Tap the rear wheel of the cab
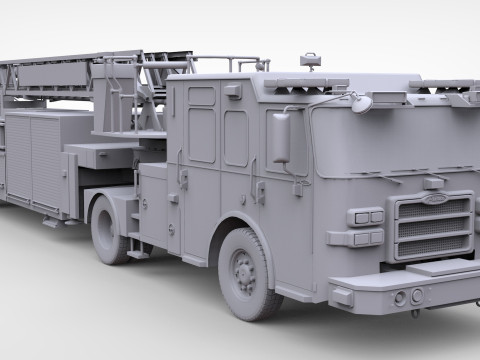coord(113,228)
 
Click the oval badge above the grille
coord(434,183)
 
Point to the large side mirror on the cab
coord(279,138)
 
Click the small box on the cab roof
coord(311,62)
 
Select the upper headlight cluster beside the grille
coord(366,217)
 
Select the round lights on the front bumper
coord(407,297)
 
